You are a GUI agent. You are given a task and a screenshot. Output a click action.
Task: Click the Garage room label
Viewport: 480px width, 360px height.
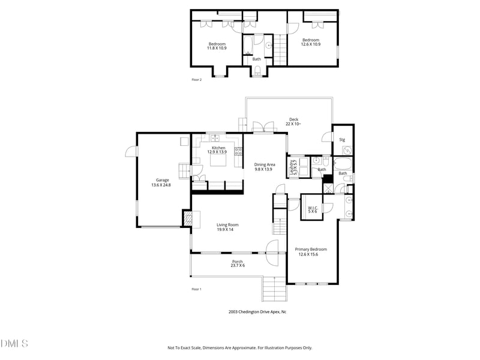(163, 180)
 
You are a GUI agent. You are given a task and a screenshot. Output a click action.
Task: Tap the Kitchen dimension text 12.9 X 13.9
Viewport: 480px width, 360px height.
(218, 152)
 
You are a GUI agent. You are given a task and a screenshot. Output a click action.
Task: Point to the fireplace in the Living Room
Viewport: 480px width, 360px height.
(188, 219)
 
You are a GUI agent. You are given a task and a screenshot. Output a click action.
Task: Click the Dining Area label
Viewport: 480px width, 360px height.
(264, 164)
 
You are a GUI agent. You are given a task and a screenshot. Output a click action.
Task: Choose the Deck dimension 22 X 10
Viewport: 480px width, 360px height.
(293, 124)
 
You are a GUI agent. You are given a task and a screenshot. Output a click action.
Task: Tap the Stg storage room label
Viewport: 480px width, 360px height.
(342, 140)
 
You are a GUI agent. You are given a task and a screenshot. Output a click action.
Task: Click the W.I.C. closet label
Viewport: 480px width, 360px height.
(312, 208)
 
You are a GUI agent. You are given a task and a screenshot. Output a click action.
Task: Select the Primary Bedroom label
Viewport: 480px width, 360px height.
(311, 249)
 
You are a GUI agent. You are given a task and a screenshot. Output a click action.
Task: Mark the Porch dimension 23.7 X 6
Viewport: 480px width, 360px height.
(238, 265)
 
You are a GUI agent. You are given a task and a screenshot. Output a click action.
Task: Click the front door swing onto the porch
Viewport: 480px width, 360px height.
(272, 247)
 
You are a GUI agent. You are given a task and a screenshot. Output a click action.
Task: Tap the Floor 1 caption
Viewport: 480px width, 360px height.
(196, 289)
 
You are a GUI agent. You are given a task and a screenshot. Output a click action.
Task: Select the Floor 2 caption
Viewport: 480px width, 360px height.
(196, 80)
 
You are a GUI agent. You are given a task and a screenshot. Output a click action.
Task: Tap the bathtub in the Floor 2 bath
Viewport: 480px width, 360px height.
(248, 45)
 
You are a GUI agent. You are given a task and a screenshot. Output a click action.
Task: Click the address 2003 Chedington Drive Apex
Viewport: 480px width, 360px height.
(257, 312)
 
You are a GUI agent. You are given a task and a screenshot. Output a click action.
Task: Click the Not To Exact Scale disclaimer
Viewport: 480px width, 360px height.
(239, 348)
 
